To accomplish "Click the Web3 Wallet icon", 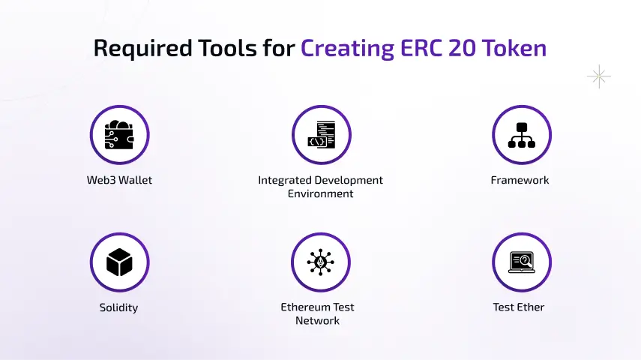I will (x=119, y=135).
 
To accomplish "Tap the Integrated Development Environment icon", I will (x=321, y=135).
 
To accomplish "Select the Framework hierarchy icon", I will (x=522, y=135).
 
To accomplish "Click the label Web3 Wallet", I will (x=119, y=181).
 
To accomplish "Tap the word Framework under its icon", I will (x=520, y=181).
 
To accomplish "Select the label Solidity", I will (x=118, y=307).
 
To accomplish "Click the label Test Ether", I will (x=519, y=307).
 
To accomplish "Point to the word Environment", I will (x=321, y=193).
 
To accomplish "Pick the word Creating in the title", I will (x=347, y=48).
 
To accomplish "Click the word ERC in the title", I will (x=420, y=48).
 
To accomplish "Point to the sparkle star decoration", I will (x=598, y=76).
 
